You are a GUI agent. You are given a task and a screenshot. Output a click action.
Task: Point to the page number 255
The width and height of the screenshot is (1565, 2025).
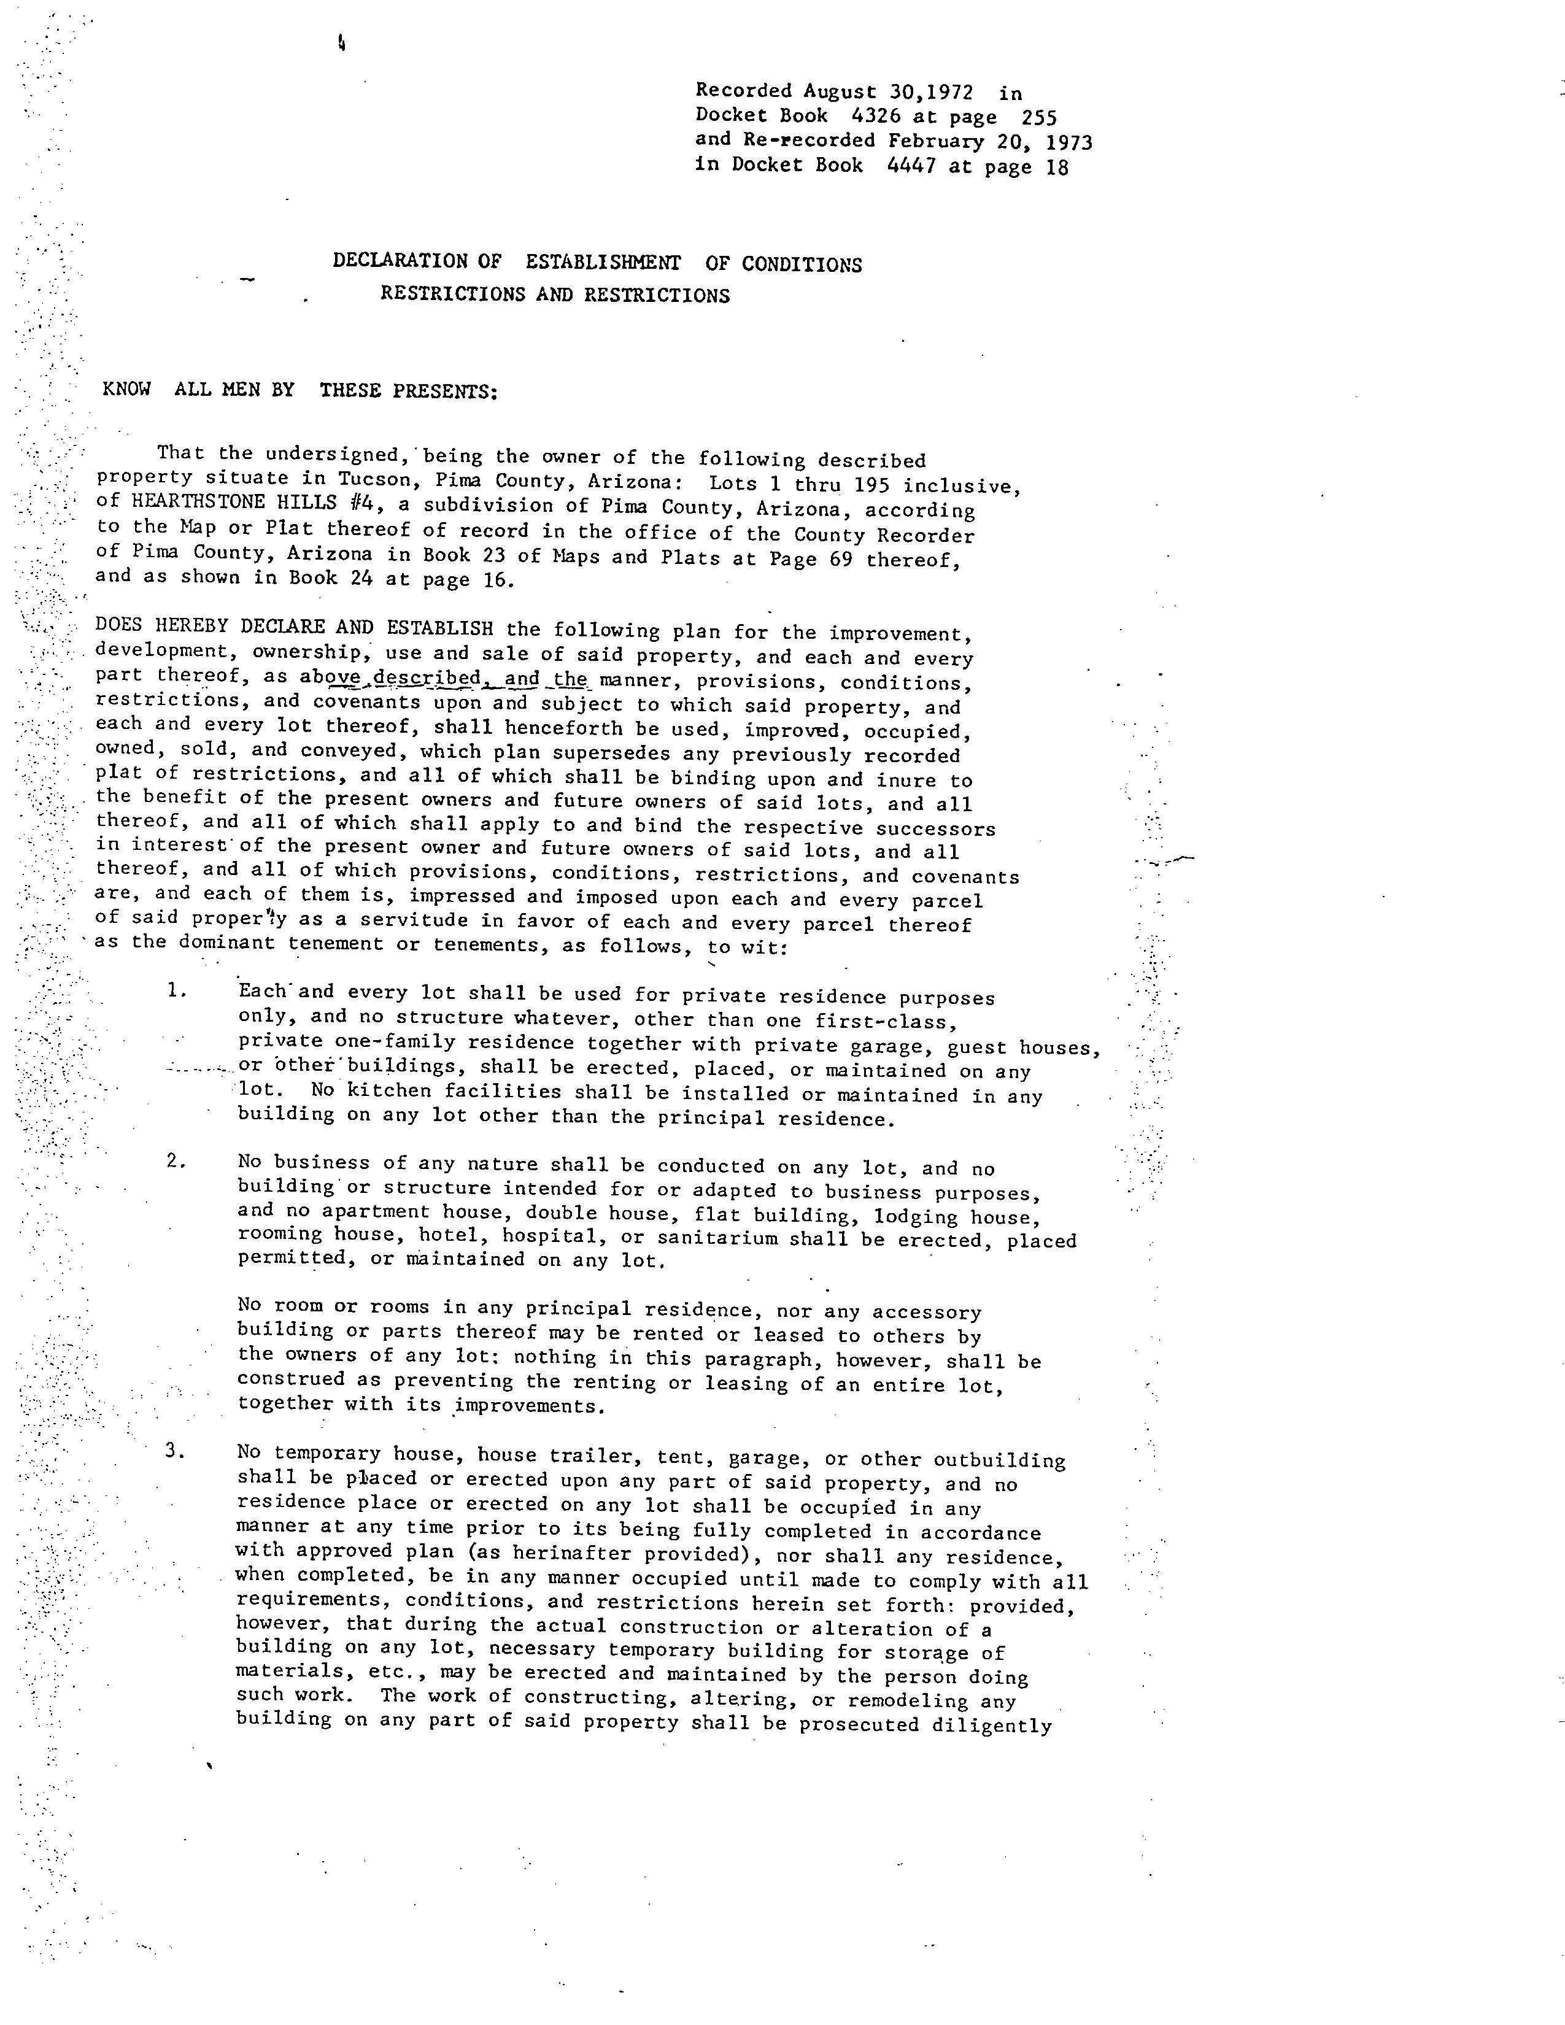pyautogui.click(x=1038, y=118)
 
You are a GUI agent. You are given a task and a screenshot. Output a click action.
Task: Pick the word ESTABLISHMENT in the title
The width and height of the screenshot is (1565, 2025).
pyautogui.click(x=603, y=263)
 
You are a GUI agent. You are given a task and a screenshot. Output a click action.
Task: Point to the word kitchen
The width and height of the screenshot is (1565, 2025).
pyautogui.click(x=382, y=1091)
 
